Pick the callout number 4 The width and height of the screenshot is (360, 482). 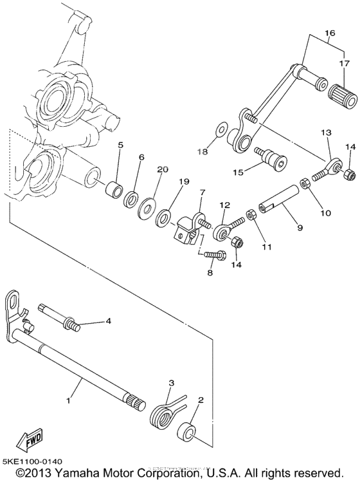(109, 320)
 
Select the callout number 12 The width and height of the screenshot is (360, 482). (224, 205)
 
